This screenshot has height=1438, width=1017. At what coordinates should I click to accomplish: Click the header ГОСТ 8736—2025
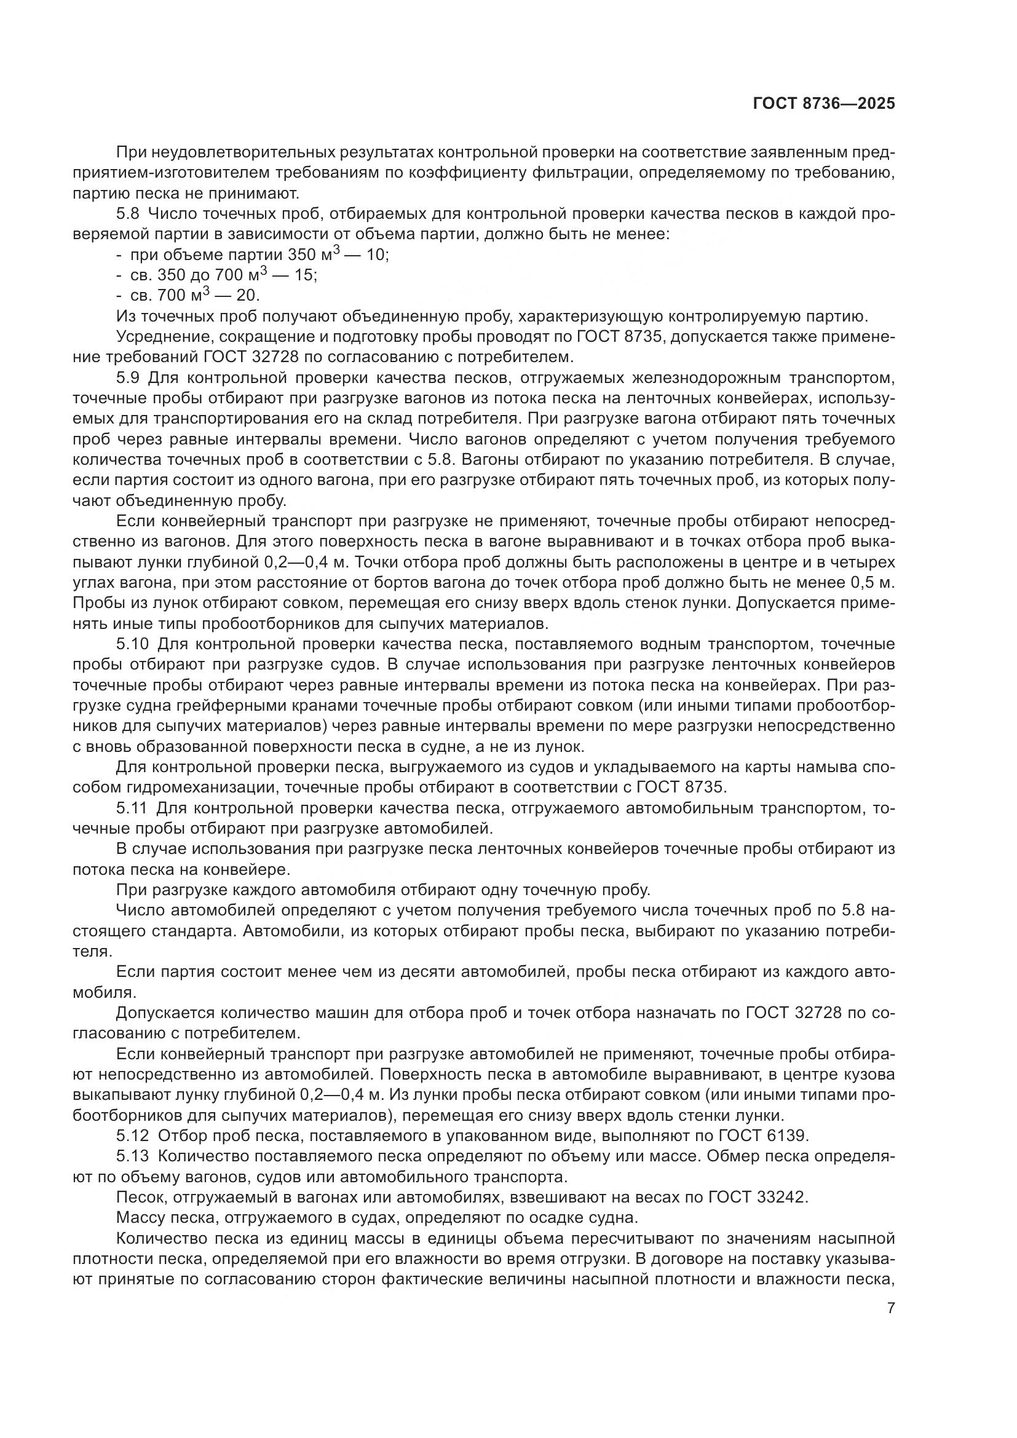pos(823,104)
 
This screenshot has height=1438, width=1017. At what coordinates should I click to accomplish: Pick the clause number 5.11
pos(132,808)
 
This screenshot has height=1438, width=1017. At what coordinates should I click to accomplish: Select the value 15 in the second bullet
pos(305,275)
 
